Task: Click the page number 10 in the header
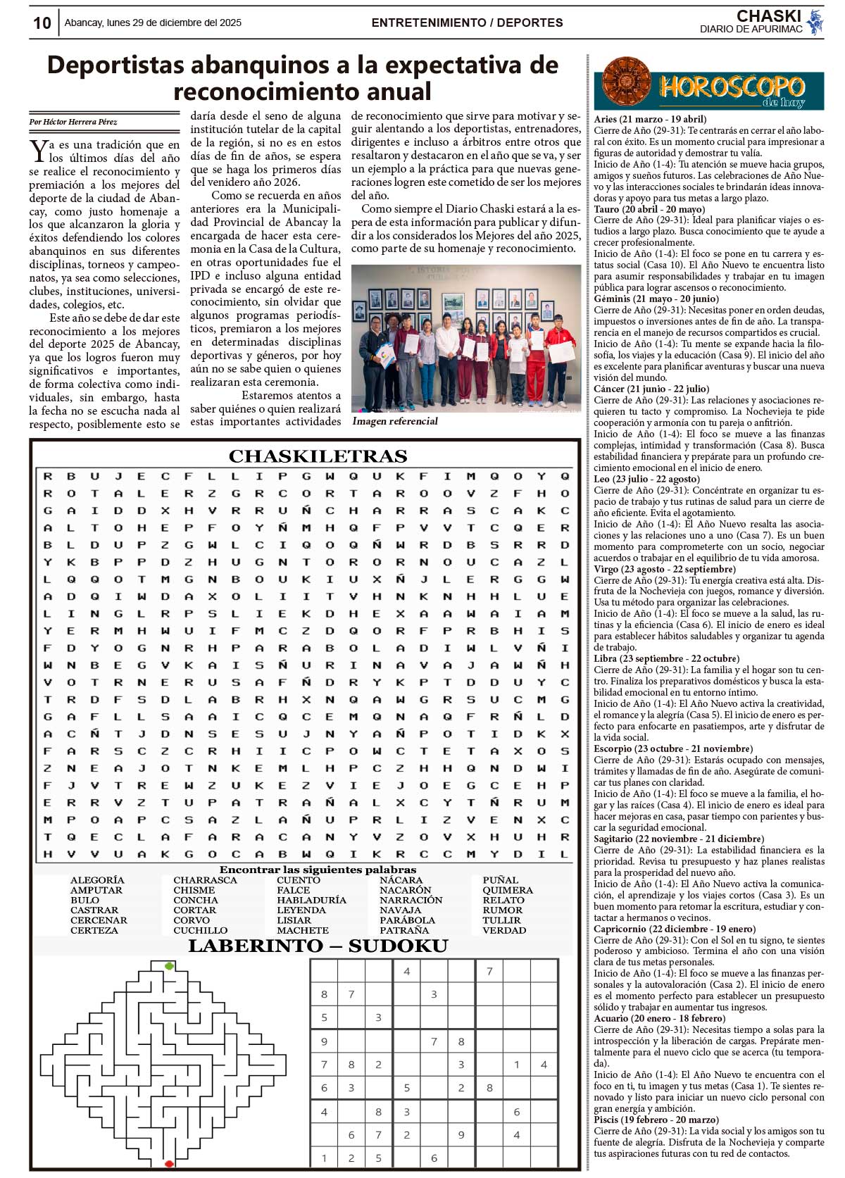point(42,23)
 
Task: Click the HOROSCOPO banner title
point(732,87)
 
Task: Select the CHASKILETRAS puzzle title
point(318,456)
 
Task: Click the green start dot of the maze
point(169,966)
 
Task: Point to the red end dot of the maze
point(169,1164)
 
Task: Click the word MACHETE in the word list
point(302,930)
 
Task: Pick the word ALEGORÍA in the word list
point(97,880)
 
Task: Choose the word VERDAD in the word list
point(504,930)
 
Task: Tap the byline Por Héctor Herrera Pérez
point(73,122)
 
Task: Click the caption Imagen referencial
point(395,421)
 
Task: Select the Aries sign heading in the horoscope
point(650,119)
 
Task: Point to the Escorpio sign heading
point(672,748)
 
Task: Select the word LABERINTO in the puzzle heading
point(253,946)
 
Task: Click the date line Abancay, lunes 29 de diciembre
point(153,23)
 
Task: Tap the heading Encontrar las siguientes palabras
point(318,870)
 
